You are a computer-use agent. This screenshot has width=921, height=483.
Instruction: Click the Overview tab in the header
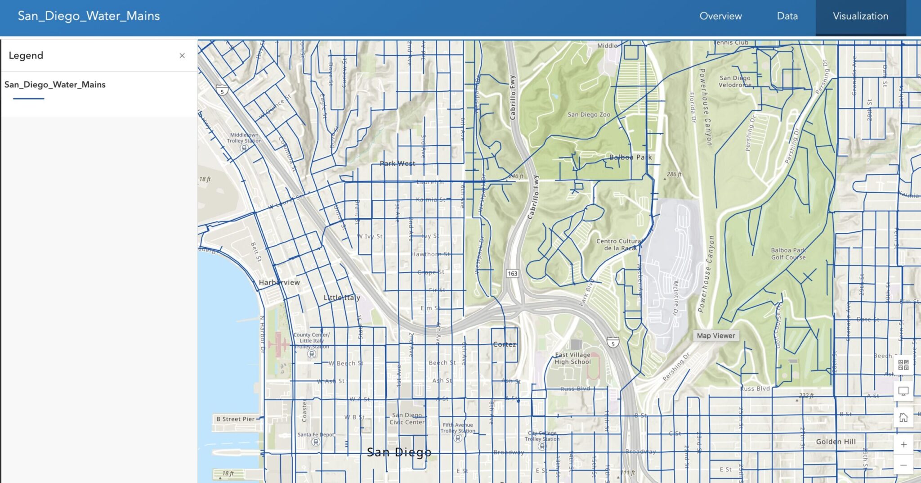pyautogui.click(x=720, y=16)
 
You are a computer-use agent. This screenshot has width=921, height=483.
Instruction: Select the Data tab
pyautogui.click(x=787, y=16)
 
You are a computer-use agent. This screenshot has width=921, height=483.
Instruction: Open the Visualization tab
pyautogui.click(x=860, y=16)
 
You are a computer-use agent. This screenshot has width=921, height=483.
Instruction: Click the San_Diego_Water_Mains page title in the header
pyautogui.click(x=89, y=16)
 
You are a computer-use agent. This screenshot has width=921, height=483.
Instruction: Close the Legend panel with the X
pyautogui.click(x=182, y=55)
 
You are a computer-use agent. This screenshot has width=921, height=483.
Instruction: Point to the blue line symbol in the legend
pyautogui.click(x=29, y=98)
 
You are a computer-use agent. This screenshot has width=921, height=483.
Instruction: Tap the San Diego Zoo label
pyautogui.click(x=589, y=115)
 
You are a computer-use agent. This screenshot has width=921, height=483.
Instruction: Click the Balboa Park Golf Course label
pyautogui.click(x=788, y=254)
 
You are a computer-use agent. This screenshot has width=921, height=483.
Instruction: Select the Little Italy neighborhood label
pyautogui.click(x=342, y=298)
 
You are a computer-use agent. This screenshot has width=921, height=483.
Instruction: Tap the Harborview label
pyautogui.click(x=279, y=282)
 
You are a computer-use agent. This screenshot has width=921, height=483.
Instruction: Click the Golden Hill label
pyautogui.click(x=836, y=442)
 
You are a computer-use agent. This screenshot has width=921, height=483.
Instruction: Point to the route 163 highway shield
pyautogui.click(x=513, y=274)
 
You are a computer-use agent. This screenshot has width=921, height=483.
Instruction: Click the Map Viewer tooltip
pyautogui.click(x=715, y=336)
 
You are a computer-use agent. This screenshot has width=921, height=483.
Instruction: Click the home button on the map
pyautogui.click(x=903, y=418)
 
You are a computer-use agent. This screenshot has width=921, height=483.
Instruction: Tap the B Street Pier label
pyautogui.click(x=235, y=419)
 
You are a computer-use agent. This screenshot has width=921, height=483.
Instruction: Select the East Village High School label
pyautogui.click(x=572, y=358)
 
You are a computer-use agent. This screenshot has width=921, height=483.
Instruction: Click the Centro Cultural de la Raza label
pyautogui.click(x=619, y=244)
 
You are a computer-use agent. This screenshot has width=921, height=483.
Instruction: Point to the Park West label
pyautogui.click(x=397, y=163)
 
